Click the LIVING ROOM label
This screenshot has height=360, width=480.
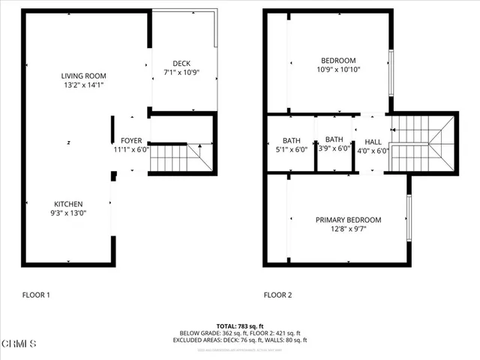click(x=83, y=76)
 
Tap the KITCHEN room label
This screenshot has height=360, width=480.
click(x=68, y=204)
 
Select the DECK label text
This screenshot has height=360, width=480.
click(x=181, y=63)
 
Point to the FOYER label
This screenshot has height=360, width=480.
click(x=131, y=140)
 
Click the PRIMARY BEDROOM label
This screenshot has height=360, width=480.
click(x=347, y=220)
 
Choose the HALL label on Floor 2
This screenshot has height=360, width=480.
click(x=373, y=141)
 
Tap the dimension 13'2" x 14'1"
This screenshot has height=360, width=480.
click(x=83, y=85)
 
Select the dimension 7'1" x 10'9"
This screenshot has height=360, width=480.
click(x=181, y=73)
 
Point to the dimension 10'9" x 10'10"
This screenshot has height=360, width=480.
click(x=338, y=70)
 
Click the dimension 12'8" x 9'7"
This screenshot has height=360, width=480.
click(x=347, y=229)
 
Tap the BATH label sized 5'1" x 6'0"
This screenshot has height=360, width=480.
click(x=291, y=140)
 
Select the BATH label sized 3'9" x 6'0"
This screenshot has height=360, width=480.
click(x=334, y=140)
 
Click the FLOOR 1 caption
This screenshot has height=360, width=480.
click(x=37, y=295)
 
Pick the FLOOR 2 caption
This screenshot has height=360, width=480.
click(x=278, y=295)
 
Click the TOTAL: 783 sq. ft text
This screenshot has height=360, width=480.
click(x=240, y=325)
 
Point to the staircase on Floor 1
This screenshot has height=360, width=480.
click(x=181, y=158)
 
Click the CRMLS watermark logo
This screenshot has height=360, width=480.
click(x=19, y=344)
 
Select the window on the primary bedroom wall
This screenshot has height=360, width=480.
click(x=409, y=218)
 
